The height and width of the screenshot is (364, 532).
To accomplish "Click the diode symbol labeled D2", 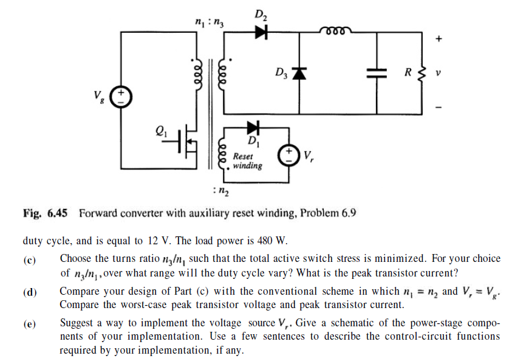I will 261,32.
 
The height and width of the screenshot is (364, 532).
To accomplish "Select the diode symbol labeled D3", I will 298,73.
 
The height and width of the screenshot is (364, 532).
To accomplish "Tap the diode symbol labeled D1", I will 253,128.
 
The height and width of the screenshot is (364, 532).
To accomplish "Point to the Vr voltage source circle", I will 288,154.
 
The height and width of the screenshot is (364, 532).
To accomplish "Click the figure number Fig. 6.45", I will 45,213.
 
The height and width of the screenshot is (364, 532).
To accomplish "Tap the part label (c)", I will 30,260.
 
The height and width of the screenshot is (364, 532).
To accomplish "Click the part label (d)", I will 30,293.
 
